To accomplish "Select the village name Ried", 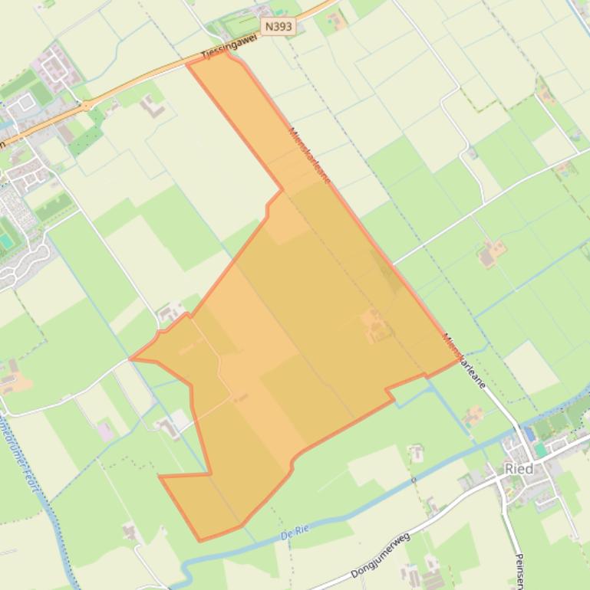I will [x=519, y=469].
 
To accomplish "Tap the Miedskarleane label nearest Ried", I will [x=463, y=361].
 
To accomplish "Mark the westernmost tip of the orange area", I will [x=130, y=359].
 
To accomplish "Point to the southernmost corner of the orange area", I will [x=200, y=541].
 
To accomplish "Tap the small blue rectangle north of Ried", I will [x=529, y=434].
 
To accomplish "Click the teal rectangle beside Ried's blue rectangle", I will [x=541, y=449].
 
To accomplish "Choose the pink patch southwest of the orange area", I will [x=105, y=431].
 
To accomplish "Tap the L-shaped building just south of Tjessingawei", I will [x=153, y=107].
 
